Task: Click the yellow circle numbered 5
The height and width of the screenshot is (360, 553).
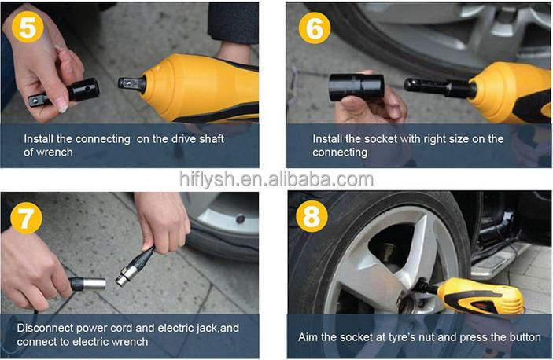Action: point(28,27)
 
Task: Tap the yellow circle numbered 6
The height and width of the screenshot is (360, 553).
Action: point(315,28)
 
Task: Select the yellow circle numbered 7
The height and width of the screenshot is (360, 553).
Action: point(26,218)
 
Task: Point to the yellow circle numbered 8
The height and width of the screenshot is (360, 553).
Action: point(312,217)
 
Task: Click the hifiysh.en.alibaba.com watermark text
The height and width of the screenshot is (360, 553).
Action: point(277,179)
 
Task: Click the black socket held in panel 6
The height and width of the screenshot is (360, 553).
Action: point(356,87)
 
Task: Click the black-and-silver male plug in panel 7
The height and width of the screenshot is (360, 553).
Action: point(87,284)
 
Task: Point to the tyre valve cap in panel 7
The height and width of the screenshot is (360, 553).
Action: point(241,219)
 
